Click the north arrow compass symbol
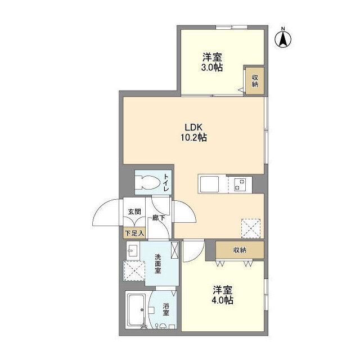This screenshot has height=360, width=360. click(x=283, y=38)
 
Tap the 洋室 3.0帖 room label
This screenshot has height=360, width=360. click(x=212, y=62)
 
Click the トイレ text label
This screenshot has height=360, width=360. click(x=166, y=183)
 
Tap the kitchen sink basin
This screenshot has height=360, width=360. click(x=206, y=184)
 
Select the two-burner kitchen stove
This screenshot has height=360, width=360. click(x=240, y=184)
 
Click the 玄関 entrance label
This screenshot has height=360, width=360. click(x=134, y=212)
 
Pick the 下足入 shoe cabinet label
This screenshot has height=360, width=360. click(x=134, y=232)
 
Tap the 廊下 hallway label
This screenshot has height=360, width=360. click(x=158, y=218)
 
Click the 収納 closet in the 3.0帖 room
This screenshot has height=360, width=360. click(x=254, y=81)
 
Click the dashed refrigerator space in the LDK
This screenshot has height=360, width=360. click(x=251, y=227)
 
